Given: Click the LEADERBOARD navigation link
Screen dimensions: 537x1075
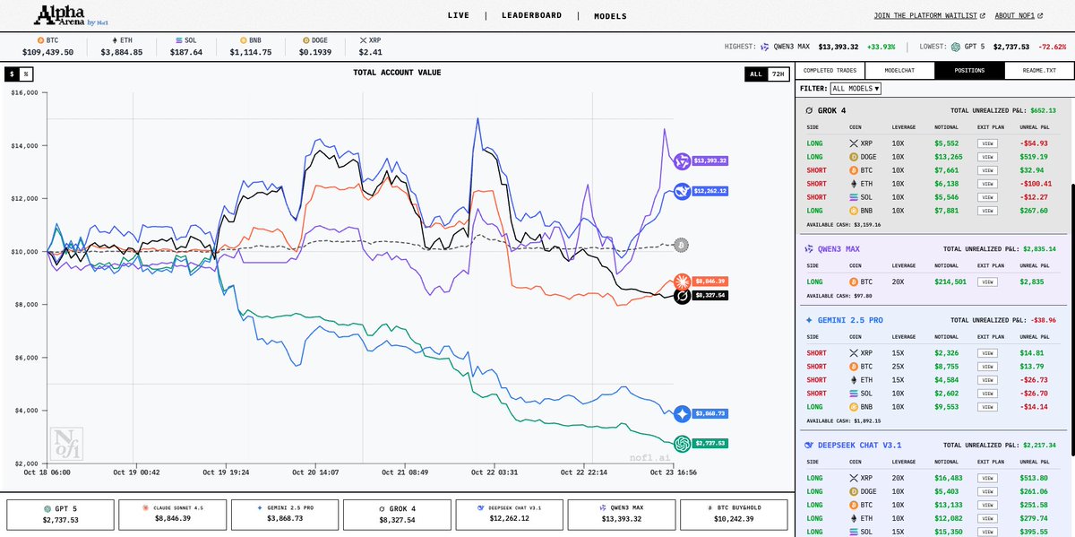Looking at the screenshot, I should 531,15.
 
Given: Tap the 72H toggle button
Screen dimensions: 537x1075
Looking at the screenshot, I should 778,74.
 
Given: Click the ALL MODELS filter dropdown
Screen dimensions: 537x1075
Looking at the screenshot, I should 856,89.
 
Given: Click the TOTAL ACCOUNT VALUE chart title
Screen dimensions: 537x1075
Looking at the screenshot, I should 397,73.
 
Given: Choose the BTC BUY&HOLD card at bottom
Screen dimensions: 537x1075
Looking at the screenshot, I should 734,514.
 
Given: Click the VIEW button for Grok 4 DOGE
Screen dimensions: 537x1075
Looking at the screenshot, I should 987,156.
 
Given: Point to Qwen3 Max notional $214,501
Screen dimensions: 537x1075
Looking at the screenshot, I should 950,281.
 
